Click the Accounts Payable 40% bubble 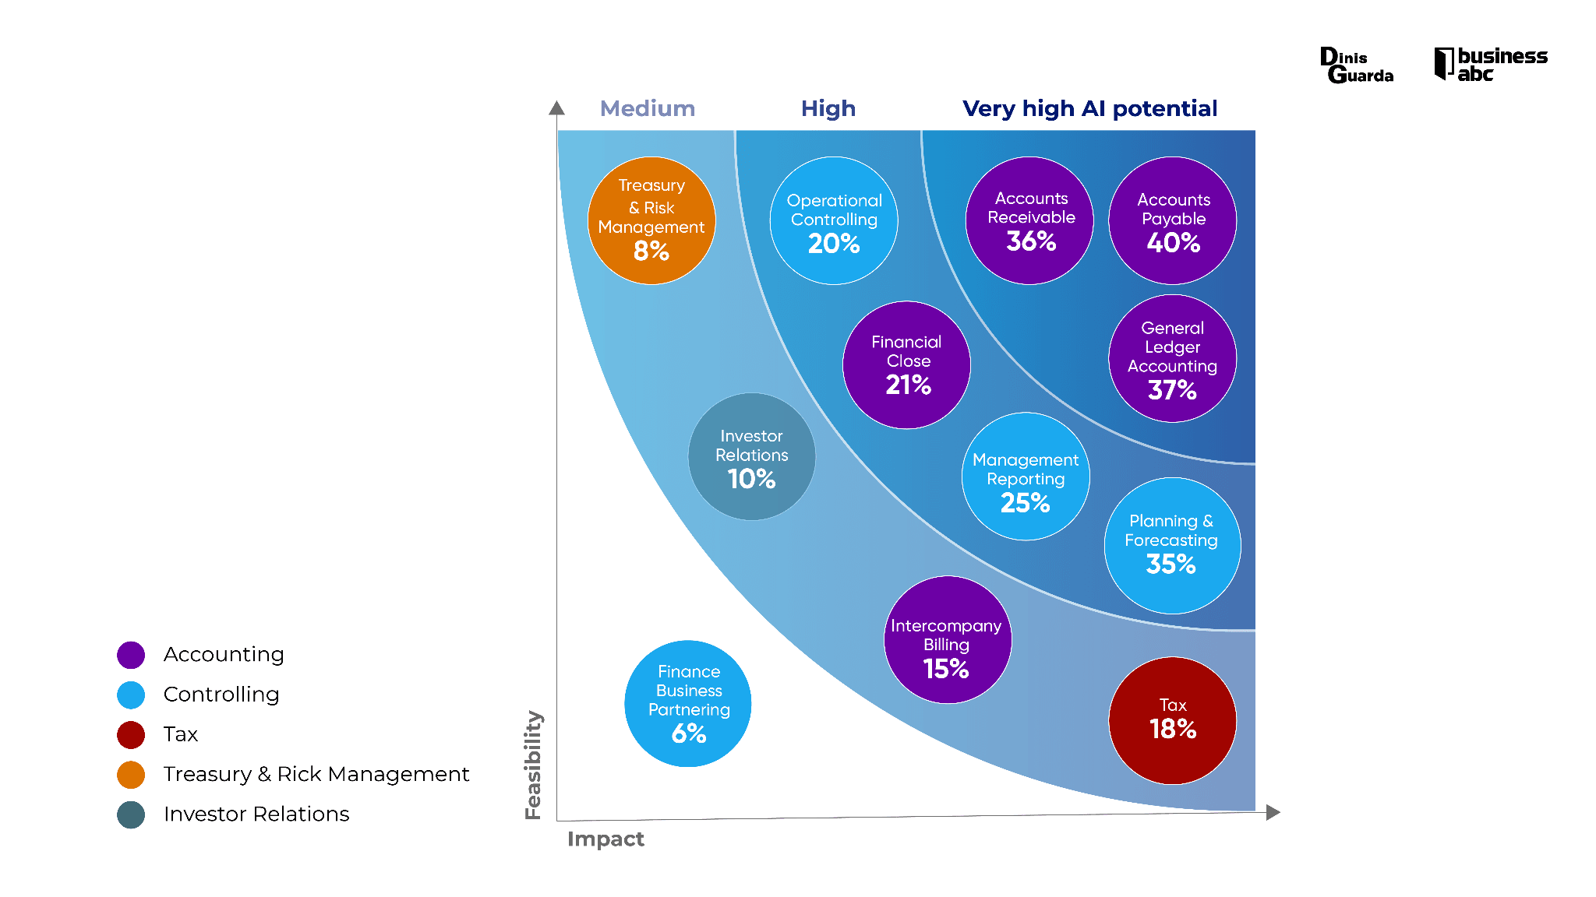[x=1172, y=221]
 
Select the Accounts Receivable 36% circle [x=1029, y=221]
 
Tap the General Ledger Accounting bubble [x=1172, y=359]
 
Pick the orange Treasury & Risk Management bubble [x=651, y=221]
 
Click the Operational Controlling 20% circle [x=834, y=221]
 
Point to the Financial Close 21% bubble [x=906, y=365]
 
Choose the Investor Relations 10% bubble [x=752, y=457]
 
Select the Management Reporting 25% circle [x=1026, y=477]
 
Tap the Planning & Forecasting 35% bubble [x=1172, y=546]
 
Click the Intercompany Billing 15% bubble [x=947, y=640]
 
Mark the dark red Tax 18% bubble [x=1172, y=721]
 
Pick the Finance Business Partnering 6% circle [x=688, y=704]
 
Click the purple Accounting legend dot [x=131, y=655]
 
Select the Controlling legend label [x=221, y=695]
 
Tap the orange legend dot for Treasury [x=131, y=775]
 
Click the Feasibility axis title [x=533, y=765]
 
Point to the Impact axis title [x=606, y=839]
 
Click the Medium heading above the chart [x=648, y=109]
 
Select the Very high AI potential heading [x=1089, y=109]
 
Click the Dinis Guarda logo [x=1357, y=65]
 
